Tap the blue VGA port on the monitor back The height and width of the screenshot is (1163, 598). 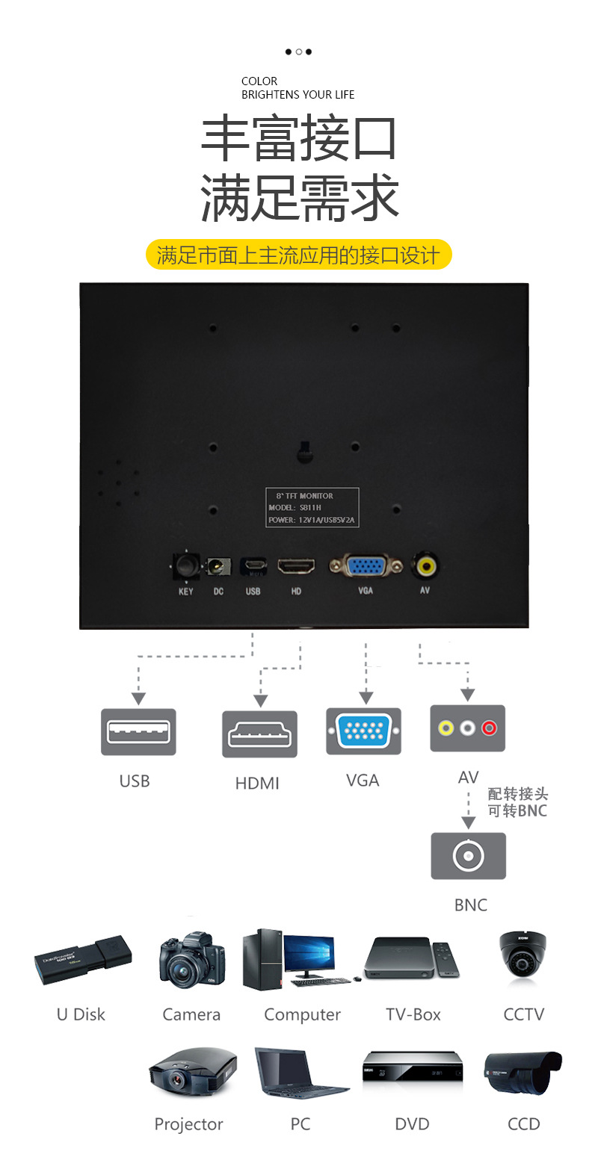coord(365,566)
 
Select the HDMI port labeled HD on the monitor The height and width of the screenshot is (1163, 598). coord(296,566)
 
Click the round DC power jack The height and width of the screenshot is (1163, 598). coord(218,567)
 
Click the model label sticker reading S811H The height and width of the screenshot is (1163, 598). coord(312,507)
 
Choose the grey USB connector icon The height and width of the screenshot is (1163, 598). coord(138,731)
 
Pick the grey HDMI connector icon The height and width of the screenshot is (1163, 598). coord(259,734)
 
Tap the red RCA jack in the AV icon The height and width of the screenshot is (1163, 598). coord(490,727)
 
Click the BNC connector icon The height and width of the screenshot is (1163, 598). coord(468,855)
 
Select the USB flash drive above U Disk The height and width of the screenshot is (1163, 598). coord(83,958)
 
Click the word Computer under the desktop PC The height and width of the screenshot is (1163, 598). coord(302,1015)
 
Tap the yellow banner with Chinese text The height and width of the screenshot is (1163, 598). coord(298,255)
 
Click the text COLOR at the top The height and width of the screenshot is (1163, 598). coord(259,81)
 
